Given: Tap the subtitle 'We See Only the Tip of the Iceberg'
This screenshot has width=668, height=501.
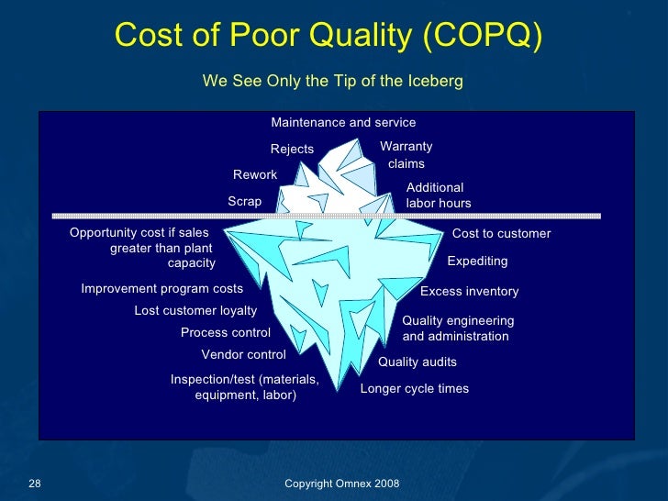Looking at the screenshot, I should coord(332,82).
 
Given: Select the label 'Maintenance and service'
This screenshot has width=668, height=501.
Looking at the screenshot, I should coord(343,122).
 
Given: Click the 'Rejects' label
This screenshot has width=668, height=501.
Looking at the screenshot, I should coord(292,150).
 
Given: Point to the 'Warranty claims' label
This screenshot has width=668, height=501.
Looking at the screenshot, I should coord(406,155).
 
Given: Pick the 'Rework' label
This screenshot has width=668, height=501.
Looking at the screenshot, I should coord(255,174).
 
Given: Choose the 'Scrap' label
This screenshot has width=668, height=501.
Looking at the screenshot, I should coord(244,201).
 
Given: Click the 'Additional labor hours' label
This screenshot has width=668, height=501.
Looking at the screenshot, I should coord(438,195).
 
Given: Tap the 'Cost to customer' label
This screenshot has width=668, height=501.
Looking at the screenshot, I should coord(501,234).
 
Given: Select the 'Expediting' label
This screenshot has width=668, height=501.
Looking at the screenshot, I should coord(476,262).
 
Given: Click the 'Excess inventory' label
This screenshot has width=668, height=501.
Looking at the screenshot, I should coord(469,292).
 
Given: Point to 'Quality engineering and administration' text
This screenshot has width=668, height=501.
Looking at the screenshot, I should coord(457,328).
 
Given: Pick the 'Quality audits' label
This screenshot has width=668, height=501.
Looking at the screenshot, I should coord(417,362).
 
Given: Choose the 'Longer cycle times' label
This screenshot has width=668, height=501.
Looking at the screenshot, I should coord(414,389).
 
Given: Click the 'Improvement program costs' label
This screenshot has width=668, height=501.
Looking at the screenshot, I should coord(161,289).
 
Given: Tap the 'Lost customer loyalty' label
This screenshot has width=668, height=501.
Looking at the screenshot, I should coord(195,311).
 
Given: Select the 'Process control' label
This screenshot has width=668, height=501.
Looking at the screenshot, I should coord(225,333).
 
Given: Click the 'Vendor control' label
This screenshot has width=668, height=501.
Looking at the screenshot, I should coord(243,355).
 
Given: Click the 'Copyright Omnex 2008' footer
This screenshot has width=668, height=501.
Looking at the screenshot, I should coord(341,484).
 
